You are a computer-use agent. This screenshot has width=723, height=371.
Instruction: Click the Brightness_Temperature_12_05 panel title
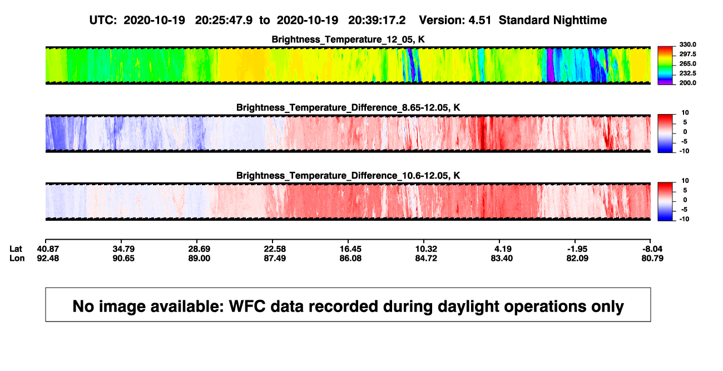pyautogui.click(x=348, y=39)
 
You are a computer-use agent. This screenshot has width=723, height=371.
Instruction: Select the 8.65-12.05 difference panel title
pyautogui.click(x=348, y=107)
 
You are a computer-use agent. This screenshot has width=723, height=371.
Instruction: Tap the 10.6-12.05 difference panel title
pyautogui.click(x=348, y=176)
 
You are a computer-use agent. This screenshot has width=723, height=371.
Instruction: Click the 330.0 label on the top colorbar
pyautogui.click(x=687, y=44)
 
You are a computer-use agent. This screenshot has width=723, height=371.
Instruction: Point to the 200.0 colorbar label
pyautogui.click(x=687, y=83)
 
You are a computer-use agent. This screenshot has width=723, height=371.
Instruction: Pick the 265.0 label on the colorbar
pyautogui.click(x=687, y=63)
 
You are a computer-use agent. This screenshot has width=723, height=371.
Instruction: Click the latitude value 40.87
pyautogui.click(x=48, y=249)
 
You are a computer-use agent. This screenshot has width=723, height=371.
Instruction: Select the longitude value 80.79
pyautogui.click(x=652, y=258)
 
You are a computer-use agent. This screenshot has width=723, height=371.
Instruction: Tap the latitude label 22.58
pyautogui.click(x=275, y=249)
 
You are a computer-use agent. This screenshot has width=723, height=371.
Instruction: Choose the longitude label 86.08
pyautogui.click(x=350, y=258)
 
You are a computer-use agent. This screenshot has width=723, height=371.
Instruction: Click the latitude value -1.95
pyautogui.click(x=577, y=249)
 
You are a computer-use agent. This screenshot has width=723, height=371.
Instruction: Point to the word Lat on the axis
pyautogui.click(x=16, y=249)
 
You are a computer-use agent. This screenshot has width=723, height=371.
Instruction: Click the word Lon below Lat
pyautogui.click(x=17, y=258)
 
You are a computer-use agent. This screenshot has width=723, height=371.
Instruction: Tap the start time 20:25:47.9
pyautogui.click(x=224, y=21)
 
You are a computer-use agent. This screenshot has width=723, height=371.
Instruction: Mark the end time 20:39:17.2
pyautogui.click(x=377, y=21)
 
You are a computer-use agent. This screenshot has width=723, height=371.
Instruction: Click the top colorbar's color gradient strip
pyautogui.click(x=665, y=66)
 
